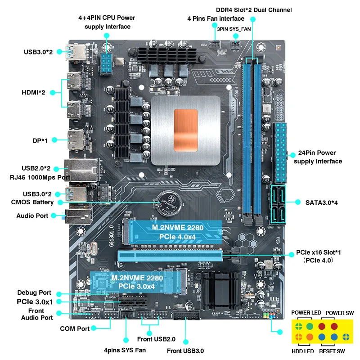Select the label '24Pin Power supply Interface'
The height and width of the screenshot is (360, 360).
[x=318, y=157]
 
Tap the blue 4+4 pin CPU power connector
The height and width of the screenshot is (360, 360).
[x=107, y=63]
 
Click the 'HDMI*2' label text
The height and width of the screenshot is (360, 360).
[x=33, y=93]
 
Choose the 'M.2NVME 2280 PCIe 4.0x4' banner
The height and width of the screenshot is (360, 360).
[x=177, y=232]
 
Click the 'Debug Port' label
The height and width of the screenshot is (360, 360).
[x=34, y=292]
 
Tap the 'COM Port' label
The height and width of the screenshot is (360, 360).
[x=75, y=328]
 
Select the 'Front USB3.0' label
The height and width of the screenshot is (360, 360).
[x=185, y=351]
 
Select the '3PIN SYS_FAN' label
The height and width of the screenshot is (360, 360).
[x=234, y=28]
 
